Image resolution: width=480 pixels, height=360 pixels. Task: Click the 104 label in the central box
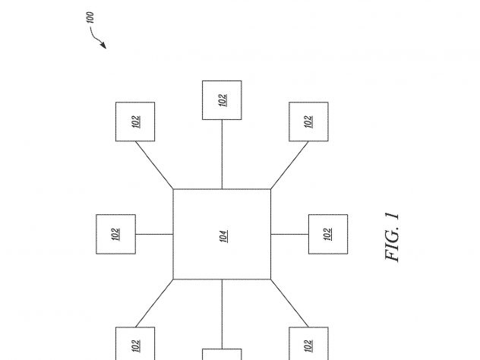tap(224, 236)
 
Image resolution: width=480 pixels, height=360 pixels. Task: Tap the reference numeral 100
tap(90, 17)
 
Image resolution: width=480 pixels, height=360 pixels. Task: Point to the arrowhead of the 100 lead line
tap(103, 46)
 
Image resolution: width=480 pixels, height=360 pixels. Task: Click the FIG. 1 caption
tap(392, 237)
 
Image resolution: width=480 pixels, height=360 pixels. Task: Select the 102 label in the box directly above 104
tap(223, 100)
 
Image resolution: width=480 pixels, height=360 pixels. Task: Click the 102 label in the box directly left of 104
tap(115, 234)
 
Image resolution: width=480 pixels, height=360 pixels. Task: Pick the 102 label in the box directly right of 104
tap(328, 234)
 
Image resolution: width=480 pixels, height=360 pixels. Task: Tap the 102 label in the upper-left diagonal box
tap(136, 122)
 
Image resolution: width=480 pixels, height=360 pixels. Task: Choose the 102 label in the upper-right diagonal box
tap(308, 122)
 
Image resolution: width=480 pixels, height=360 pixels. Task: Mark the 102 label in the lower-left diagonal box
tap(136, 346)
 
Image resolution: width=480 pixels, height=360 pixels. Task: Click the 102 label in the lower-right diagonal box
tap(308, 346)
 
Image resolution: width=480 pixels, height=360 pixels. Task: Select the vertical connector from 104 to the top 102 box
tap(222, 154)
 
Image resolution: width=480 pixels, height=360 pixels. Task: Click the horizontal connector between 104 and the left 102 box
tap(154, 234)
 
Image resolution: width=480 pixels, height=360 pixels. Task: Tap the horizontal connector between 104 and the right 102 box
tap(289, 234)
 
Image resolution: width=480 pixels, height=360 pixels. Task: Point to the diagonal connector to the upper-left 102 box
tap(154, 165)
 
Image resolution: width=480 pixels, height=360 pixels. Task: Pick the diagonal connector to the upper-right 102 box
tap(289, 165)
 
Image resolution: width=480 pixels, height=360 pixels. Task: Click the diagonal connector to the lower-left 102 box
tap(154, 303)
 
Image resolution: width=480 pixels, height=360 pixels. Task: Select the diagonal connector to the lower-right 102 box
tap(289, 303)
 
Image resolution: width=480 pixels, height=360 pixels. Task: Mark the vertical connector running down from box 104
tap(222, 314)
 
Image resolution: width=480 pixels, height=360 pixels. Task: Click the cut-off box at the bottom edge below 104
tap(222, 354)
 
